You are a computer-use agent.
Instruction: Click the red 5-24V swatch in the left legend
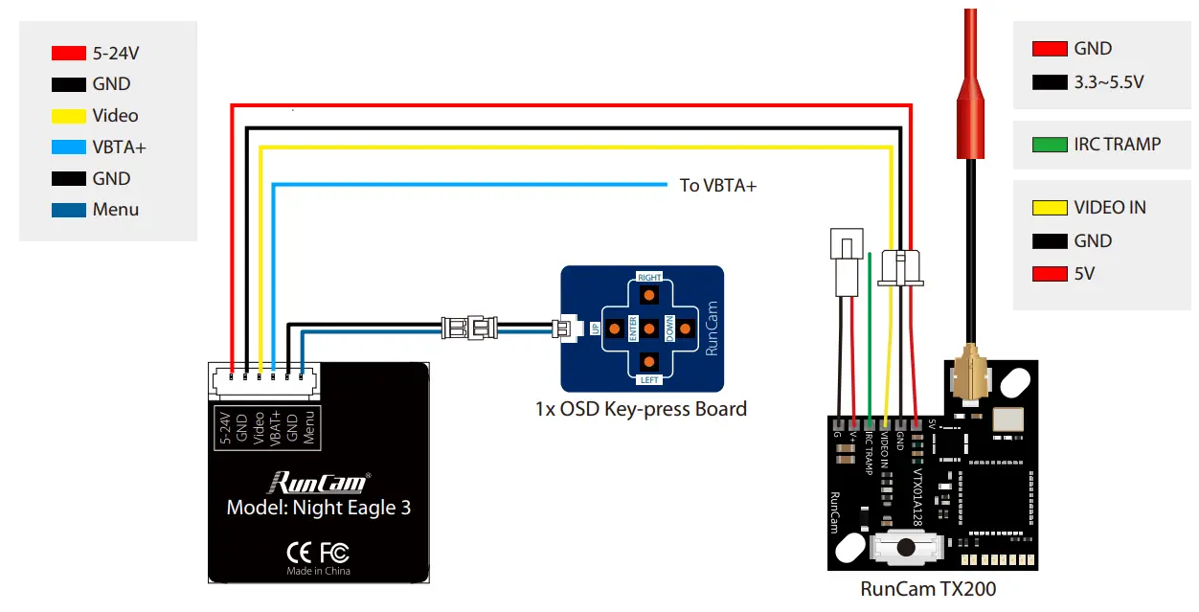[x=68, y=54]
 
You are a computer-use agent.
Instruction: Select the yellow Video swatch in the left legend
[x=68, y=116]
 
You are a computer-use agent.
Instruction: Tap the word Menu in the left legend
[x=116, y=210]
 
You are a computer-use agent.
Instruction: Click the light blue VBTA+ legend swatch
[x=68, y=147]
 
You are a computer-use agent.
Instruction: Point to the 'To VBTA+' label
[x=717, y=186]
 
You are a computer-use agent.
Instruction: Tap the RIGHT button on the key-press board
[x=649, y=292]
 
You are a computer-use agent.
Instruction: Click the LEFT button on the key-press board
[x=649, y=363]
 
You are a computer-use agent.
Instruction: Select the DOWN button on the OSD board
[x=683, y=328]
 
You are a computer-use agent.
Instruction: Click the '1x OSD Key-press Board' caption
[x=641, y=410]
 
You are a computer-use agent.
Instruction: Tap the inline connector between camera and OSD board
[x=468, y=329]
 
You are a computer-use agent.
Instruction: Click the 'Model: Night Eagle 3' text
[x=318, y=508]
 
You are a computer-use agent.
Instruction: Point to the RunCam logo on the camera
[x=318, y=481]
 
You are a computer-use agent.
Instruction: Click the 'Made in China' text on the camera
[x=318, y=571]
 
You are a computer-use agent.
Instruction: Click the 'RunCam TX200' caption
[x=927, y=589]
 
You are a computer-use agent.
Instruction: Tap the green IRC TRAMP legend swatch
[x=1050, y=146]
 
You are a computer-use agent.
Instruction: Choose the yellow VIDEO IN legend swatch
[x=1050, y=208]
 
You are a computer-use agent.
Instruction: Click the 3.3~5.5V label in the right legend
[x=1108, y=82]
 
